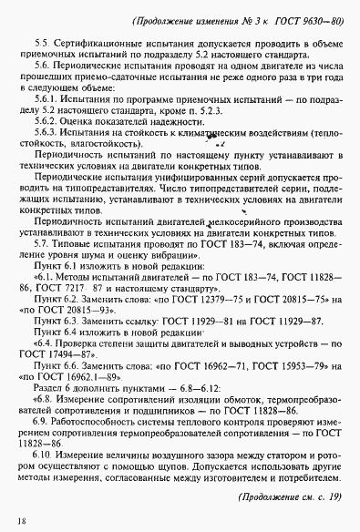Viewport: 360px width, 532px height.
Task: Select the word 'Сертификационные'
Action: (x=98, y=45)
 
